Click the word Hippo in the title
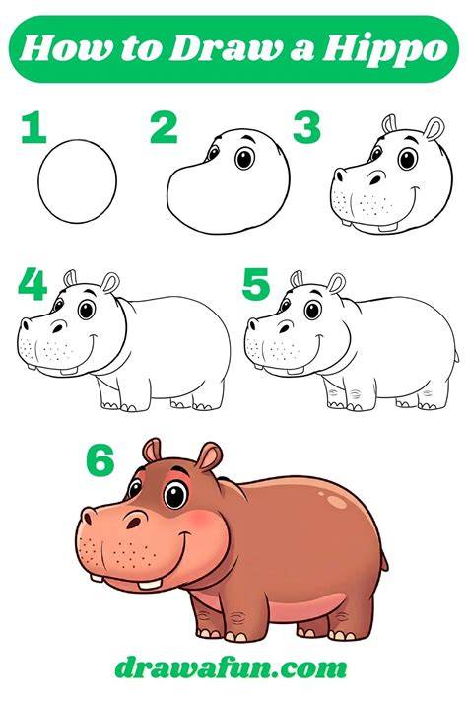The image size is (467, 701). pyautogui.click(x=384, y=49)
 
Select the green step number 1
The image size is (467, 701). pyautogui.click(x=34, y=127)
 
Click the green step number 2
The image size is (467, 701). pyautogui.click(x=164, y=127)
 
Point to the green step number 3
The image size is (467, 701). pyautogui.click(x=306, y=127)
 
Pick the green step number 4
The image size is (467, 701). pyautogui.click(x=33, y=284)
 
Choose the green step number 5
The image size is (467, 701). pyautogui.click(x=255, y=284)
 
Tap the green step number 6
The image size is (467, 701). pyautogui.click(x=100, y=461)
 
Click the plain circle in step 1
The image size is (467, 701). pyautogui.click(x=77, y=181)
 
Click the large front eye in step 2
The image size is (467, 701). pyautogui.click(x=244, y=158)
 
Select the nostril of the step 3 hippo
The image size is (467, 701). pyautogui.click(x=376, y=178)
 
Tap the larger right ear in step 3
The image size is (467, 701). pyautogui.click(x=434, y=129)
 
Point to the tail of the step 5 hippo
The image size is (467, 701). pyautogui.click(x=456, y=356)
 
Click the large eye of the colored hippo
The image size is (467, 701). pyautogui.click(x=175, y=495)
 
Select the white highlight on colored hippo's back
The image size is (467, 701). pyautogui.click(x=336, y=501)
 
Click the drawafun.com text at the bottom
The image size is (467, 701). pyautogui.click(x=231, y=668)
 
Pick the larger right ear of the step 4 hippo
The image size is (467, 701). pyautogui.click(x=110, y=283)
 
